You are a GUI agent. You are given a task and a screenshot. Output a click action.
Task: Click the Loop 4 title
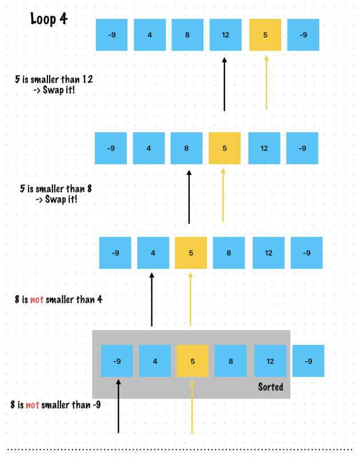49,19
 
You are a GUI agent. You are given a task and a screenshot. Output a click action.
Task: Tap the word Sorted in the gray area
270,387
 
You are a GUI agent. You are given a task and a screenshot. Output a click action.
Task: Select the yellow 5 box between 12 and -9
265,35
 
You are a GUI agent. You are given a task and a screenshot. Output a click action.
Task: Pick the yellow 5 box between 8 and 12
225,148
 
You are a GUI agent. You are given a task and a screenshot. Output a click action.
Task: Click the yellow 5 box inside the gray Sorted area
193,361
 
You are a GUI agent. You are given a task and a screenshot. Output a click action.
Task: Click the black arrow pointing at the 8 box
189,197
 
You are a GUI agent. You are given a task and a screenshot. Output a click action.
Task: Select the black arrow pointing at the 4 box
151,299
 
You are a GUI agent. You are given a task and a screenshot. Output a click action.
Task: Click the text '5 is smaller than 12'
54,80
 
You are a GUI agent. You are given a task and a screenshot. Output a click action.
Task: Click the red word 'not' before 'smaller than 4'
35,299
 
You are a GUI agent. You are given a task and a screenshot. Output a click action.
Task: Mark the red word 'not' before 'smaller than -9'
32,405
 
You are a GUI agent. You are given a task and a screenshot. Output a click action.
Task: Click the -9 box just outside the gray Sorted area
308,361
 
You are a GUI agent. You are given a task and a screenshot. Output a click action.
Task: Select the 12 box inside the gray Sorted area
270,361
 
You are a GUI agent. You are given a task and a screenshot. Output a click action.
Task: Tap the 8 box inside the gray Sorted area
230,361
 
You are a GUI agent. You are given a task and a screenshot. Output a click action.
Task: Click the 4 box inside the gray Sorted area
154,361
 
